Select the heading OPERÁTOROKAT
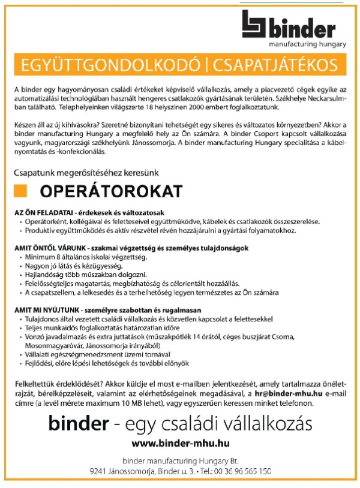(x=111, y=192)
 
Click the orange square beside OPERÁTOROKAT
(x=22, y=191)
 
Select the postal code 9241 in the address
(x=98, y=471)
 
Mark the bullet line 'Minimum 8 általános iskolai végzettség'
(x=85, y=257)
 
